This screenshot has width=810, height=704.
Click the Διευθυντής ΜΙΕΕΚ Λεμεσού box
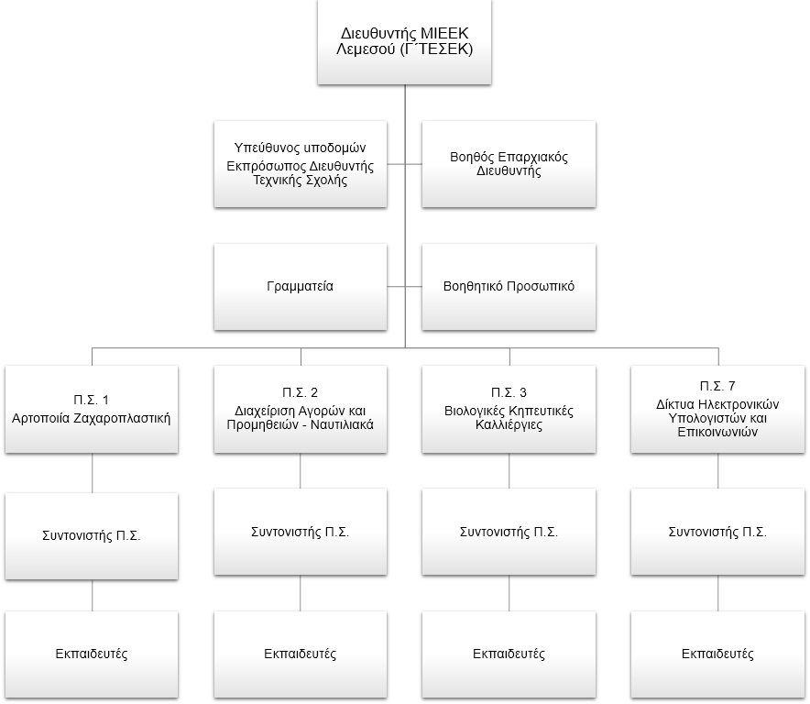[404, 42]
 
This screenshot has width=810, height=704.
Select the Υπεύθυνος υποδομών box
[301, 164]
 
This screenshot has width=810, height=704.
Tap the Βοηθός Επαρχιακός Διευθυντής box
[509, 164]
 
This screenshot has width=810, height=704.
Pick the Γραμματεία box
[301, 287]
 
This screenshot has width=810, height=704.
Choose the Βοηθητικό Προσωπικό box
[509, 287]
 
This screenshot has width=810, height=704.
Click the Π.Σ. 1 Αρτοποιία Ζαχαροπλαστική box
[92, 410]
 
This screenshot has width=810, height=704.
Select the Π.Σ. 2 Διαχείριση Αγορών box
[301, 410]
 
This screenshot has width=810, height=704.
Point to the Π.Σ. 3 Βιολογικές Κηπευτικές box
[509, 410]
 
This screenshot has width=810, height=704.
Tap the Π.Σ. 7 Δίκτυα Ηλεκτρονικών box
[717, 410]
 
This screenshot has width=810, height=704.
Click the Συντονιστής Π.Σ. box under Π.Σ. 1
[92, 536]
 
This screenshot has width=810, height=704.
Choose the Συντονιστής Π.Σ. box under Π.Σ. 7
[717, 532]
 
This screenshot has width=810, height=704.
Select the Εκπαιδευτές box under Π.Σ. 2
[301, 654]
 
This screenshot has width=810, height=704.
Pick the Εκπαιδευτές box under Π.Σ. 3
[509, 654]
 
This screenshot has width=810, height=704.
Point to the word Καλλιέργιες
[509, 425]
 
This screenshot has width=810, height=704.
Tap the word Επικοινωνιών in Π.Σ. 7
[717, 432]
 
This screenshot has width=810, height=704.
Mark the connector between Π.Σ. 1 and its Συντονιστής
[92, 473]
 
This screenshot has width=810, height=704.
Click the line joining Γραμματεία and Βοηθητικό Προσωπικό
[404, 286]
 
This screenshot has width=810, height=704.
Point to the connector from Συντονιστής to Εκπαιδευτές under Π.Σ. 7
[718, 593]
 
